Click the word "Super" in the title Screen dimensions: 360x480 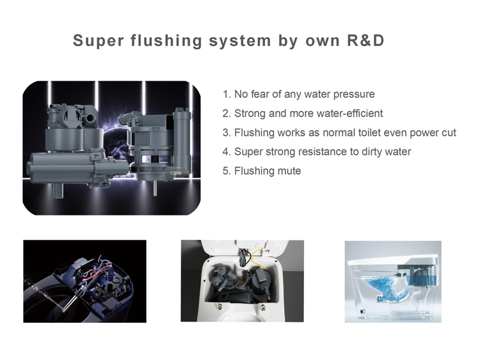coord(97,42)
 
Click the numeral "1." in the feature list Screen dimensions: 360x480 coord(227,95)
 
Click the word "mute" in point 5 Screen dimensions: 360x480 coord(287,171)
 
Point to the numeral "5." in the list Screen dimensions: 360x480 coord(227,171)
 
